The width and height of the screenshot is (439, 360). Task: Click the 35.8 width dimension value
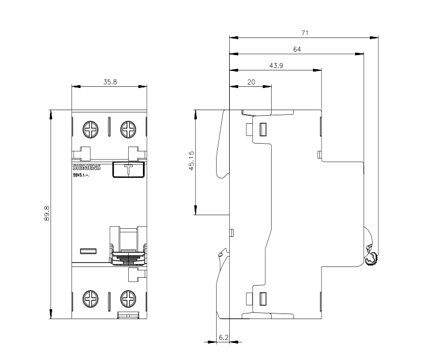pyautogui.click(x=110, y=82)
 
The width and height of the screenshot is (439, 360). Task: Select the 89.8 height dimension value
pyautogui.click(x=47, y=214)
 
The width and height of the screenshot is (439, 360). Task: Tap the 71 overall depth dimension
pyautogui.click(x=305, y=33)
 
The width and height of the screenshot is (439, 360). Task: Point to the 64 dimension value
pyautogui.click(x=297, y=49)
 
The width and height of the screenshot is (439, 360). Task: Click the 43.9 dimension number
pyautogui.click(x=276, y=66)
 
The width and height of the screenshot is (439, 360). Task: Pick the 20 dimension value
pyautogui.click(x=251, y=82)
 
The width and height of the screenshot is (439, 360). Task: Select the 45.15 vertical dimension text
pyautogui.click(x=192, y=161)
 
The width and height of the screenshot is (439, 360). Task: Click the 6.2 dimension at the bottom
pyautogui.click(x=223, y=337)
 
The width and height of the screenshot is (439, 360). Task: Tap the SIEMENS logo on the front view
pyautogui.click(x=87, y=168)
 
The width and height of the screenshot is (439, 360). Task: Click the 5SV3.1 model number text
pyautogui.click(x=81, y=175)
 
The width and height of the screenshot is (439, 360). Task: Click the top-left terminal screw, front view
pyautogui.click(x=91, y=129)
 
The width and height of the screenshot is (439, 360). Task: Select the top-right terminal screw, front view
pyautogui.click(x=128, y=129)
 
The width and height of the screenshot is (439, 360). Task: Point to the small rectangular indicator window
pyautogui.click(x=88, y=251)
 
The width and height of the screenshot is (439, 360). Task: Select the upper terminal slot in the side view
pyautogui.click(x=263, y=129)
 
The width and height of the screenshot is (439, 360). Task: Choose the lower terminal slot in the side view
pyautogui.click(x=263, y=299)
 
